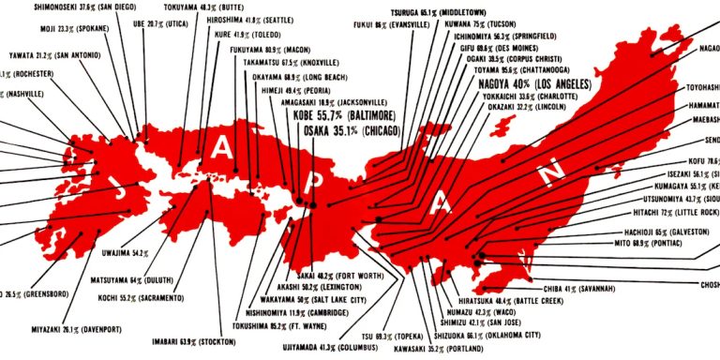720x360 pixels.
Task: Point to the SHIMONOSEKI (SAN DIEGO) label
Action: coord(65,5)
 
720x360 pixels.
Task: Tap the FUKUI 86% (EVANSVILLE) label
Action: coord(403,26)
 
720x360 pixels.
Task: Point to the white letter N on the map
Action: coord(554,169)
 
